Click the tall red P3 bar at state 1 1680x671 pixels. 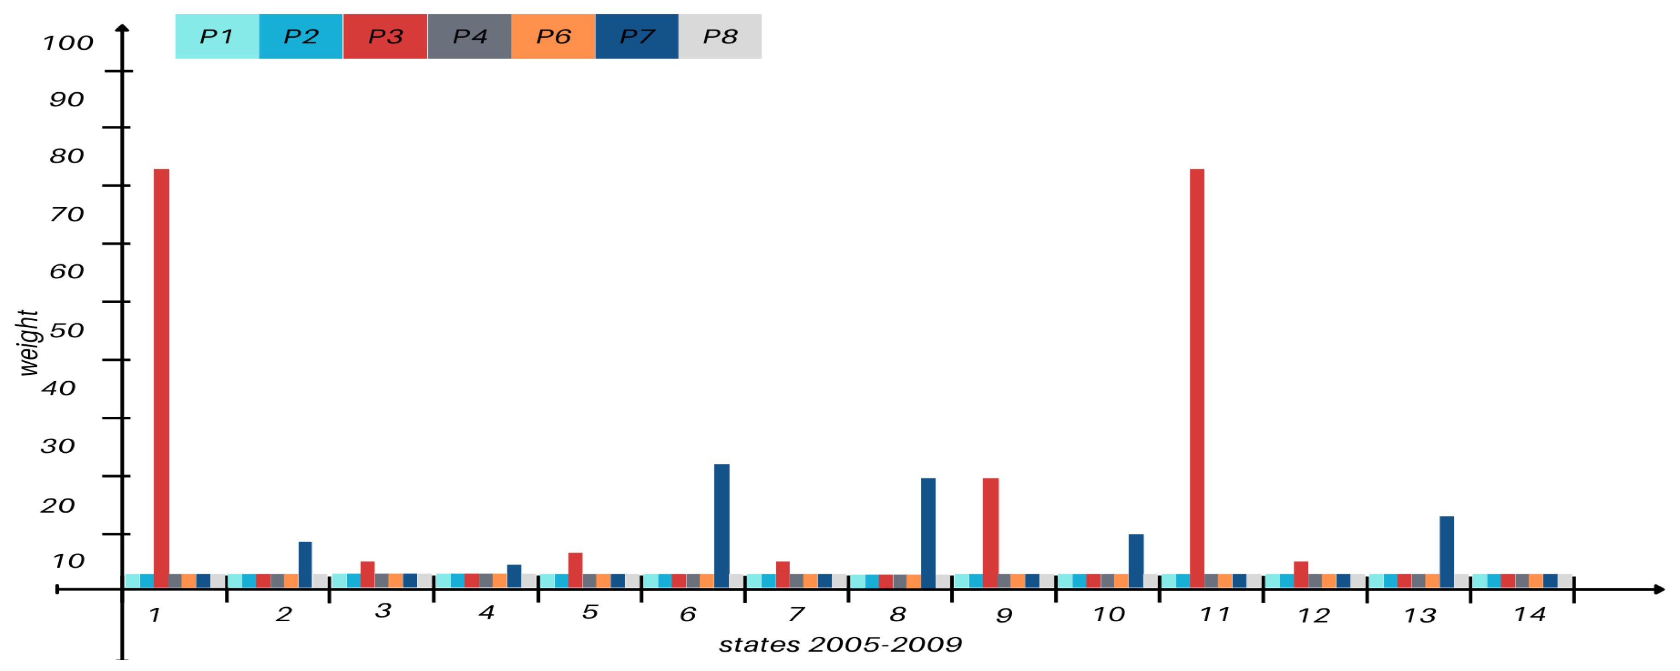click(161, 378)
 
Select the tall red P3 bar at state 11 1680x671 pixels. click(1197, 378)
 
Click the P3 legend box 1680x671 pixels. click(385, 36)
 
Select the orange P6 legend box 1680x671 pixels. click(553, 36)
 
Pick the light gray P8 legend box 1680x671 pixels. click(720, 36)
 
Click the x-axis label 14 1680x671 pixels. click(1530, 614)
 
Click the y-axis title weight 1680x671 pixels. click(28, 342)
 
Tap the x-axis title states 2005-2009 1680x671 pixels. click(840, 645)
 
